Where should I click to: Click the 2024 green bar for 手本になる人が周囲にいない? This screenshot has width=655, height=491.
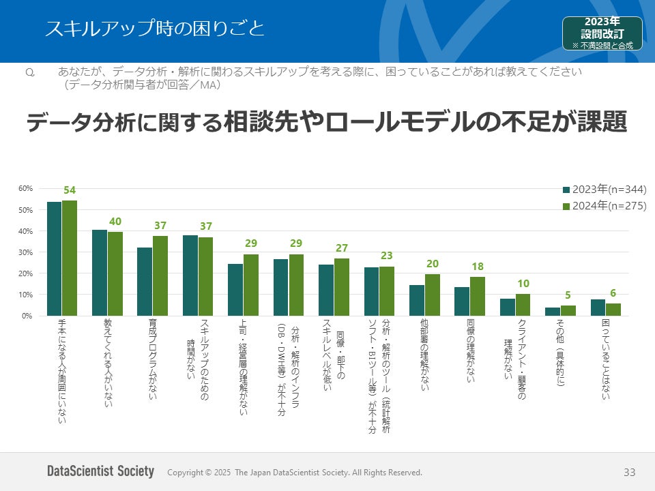(70, 258)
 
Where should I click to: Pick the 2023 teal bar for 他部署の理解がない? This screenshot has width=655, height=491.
(417, 301)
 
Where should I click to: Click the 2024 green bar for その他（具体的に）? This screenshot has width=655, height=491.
(568, 310)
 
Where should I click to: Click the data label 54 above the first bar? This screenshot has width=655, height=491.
(70, 190)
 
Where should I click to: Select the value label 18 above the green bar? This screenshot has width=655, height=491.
(478, 267)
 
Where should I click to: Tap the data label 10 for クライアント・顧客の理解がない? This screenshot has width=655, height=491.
(523, 284)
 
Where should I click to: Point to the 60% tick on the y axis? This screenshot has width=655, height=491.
(25, 188)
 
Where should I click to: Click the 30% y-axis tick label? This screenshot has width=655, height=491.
(25, 252)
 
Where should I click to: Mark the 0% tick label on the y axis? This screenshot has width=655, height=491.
(27, 316)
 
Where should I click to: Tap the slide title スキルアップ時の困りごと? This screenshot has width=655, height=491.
(154, 29)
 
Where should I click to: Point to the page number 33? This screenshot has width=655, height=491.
(629, 472)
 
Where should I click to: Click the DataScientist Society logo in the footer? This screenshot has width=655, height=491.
(101, 472)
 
